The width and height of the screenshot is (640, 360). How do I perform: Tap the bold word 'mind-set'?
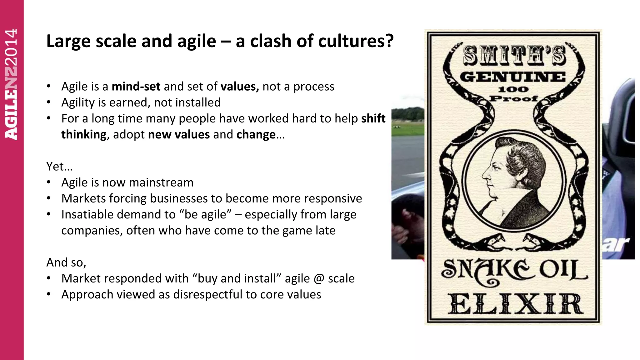tap(136, 87)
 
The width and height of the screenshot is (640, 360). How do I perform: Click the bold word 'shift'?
tap(373, 119)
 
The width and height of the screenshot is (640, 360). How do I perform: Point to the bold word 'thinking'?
tap(84, 135)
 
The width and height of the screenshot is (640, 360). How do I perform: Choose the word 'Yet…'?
tap(59, 167)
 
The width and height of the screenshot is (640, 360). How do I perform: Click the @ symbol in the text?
tap(318, 278)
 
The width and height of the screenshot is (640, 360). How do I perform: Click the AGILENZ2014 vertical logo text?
tap(12, 84)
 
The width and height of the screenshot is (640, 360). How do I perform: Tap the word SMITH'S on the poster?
tap(514, 56)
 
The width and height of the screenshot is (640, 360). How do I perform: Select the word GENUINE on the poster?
tap(513, 77)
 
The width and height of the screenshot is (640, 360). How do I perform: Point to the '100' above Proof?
tap(513, 90)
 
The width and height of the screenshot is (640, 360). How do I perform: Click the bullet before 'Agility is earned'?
tap(49, 102)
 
